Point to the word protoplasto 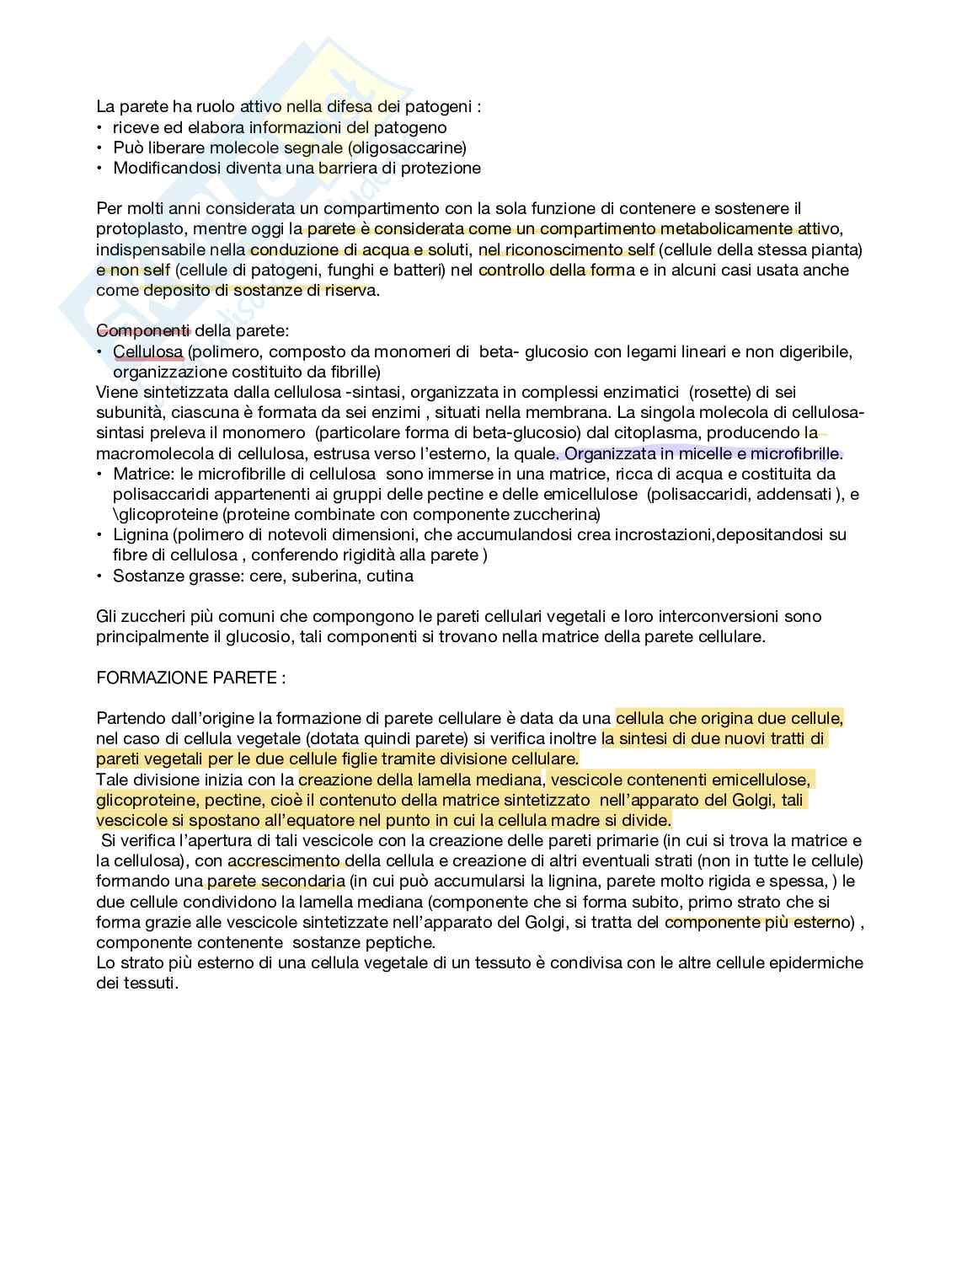pyautogui.click(x=143, y=229)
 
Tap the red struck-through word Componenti pyautogui.click(x=143, y=331)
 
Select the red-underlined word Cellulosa pyautogui.click(x=147, y=351)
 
